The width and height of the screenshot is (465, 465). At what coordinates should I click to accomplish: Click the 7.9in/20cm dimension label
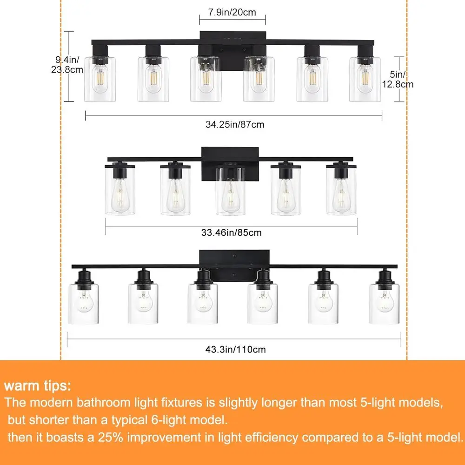pyautogui.click(x=232, y=13)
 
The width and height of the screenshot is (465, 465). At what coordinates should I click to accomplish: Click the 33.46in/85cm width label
pyautogui.click(x=232, y=232)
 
